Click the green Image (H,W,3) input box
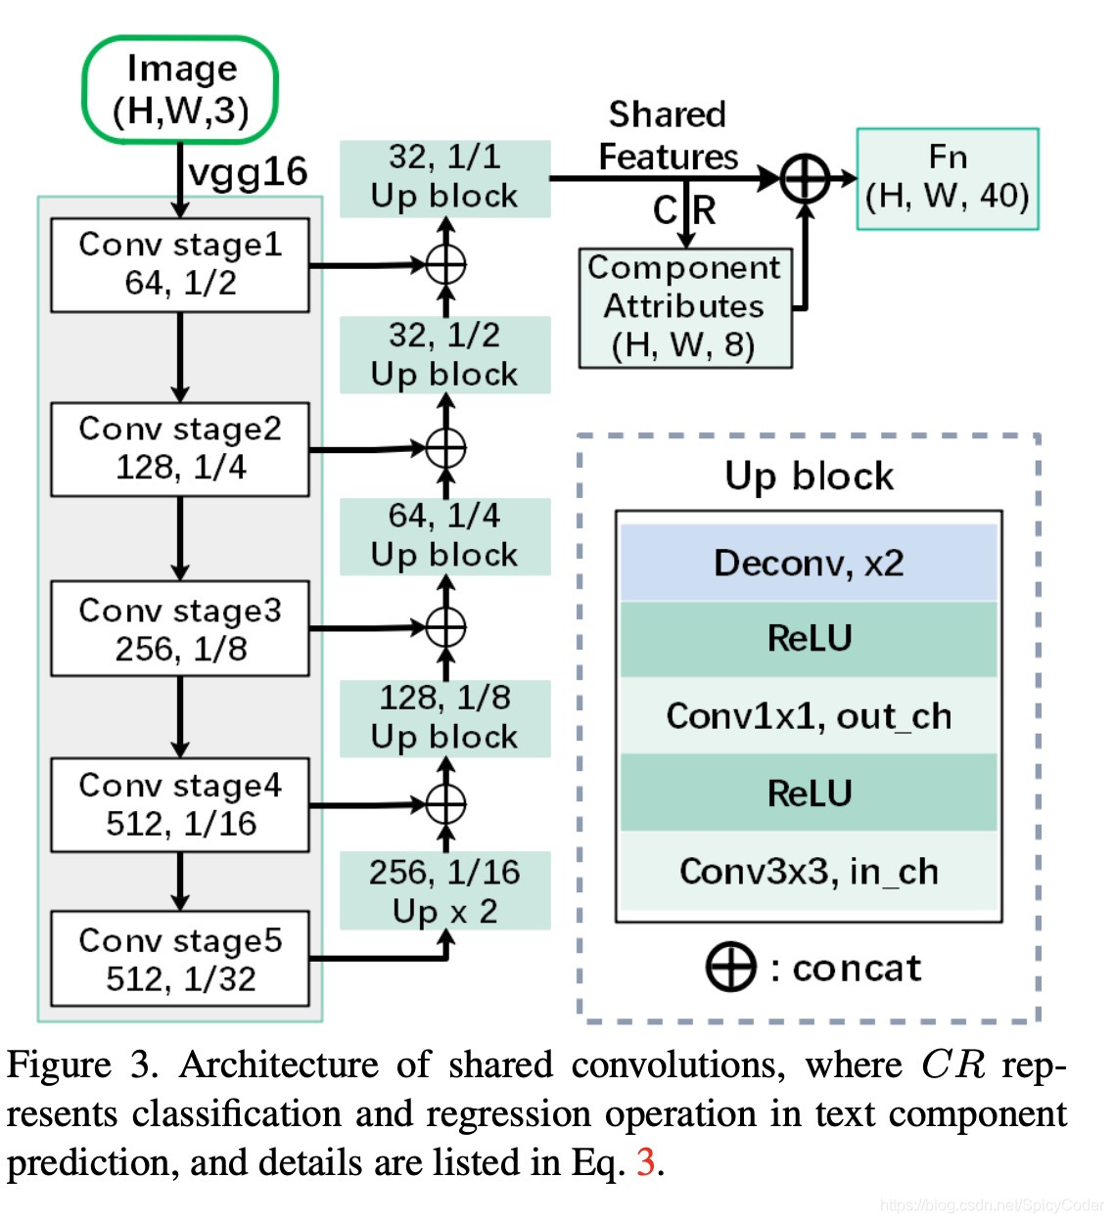point(180,90)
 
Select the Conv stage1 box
point(180,265)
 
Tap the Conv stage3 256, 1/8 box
point(180,629)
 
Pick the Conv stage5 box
point(180,959)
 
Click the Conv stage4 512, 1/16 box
point(180,804)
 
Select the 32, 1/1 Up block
point(444,177)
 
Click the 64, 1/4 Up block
point(444,536)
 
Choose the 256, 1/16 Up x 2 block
point(444,890)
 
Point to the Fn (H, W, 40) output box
point(947,178)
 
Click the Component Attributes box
point(684,307)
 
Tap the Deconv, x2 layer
point(809,564)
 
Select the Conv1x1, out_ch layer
point(809,716)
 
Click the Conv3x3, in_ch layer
point(809,871)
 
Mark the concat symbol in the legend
point(730,968)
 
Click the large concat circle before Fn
point(805,179)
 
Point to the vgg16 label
point(248,172)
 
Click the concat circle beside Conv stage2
point(445,448)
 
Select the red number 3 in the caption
point(645,1162)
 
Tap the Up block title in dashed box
point(809,476)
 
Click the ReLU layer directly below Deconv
point(809,639)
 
